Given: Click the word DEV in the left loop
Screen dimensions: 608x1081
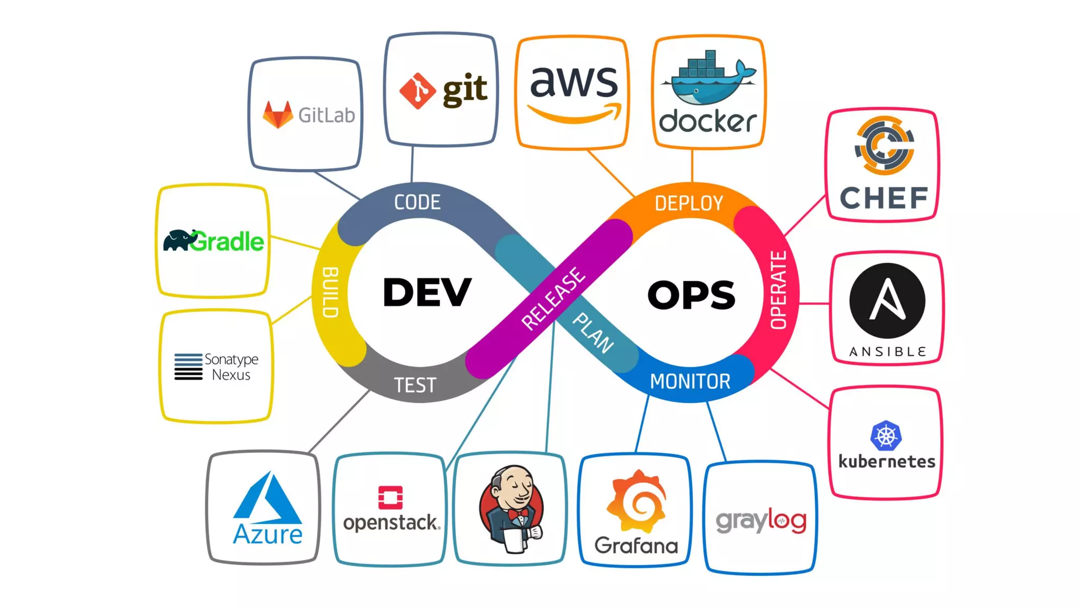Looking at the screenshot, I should click(426, 292).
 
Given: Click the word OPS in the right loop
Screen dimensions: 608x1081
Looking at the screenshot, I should click(691, 294).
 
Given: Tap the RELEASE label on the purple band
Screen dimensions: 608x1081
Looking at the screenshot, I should click(553, 299).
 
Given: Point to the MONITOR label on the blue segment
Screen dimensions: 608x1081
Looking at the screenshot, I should click(690, 381).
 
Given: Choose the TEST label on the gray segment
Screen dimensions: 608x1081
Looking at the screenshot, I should click(415, 385).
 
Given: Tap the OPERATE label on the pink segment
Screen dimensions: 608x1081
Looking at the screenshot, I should click(779, 290).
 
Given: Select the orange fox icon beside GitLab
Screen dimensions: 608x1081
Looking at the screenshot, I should click(278, 115).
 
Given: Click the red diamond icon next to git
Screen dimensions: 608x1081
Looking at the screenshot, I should click(417, 91).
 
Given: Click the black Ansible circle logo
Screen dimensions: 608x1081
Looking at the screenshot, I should click(887, 300).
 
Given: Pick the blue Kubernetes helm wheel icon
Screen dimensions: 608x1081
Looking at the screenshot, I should click(886, 435).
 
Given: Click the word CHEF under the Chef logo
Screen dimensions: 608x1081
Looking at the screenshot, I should click(884, 198).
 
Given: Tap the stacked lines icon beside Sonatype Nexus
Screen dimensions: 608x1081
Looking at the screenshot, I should click(188, 366).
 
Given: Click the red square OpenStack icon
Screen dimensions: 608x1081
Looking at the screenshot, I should click(391, 497).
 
